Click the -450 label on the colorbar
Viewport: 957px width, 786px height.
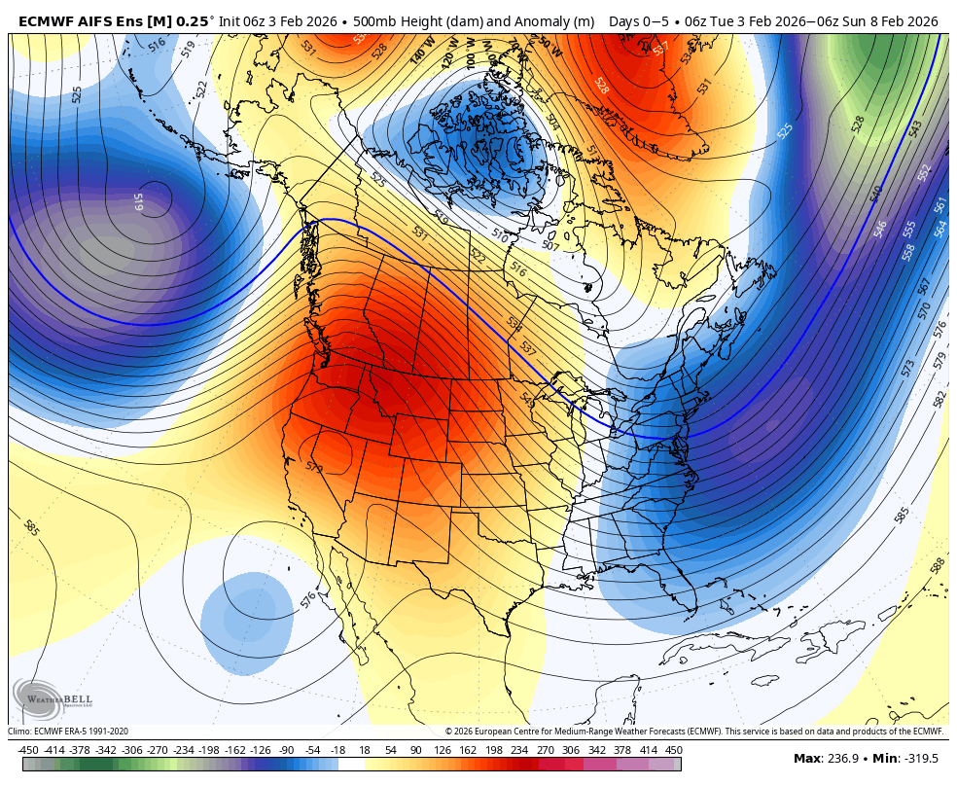tap(28, 750)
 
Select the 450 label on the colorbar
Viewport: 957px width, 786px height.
tap(674, 750)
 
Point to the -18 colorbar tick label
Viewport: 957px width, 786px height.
tap(337, 750)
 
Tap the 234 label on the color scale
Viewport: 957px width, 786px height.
tap(518, 750)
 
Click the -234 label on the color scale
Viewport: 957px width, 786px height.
tap(183, 750)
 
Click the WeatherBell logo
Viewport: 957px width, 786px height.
tap(40, 697)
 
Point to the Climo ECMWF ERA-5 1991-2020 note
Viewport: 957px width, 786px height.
tap(68, 732)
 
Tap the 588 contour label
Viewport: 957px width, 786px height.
tap(938, 565)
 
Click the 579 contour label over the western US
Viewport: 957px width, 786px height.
tap(314, 468)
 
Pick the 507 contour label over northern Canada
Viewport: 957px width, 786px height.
tap(550, 246)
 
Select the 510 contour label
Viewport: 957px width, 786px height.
tap(499, 234)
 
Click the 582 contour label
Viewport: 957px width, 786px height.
tap(939, 399)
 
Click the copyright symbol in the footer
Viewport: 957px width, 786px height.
tap(449, 732)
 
